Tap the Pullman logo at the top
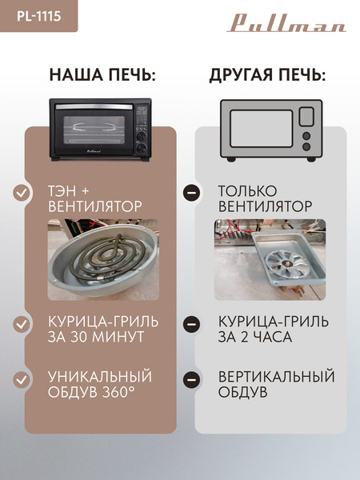click(287, 22)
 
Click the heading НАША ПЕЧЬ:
click(102, 75)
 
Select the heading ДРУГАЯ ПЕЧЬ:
click(267, 75)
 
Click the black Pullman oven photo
click(101, 129)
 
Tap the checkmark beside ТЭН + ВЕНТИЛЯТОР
click(23, 193)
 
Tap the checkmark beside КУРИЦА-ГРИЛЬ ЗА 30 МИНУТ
click(23, 325)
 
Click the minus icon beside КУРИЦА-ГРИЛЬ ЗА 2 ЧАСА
click(191, 325)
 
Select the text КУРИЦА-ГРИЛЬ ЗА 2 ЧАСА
click(262, 329)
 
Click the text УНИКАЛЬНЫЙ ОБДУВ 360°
click(99, 385)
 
